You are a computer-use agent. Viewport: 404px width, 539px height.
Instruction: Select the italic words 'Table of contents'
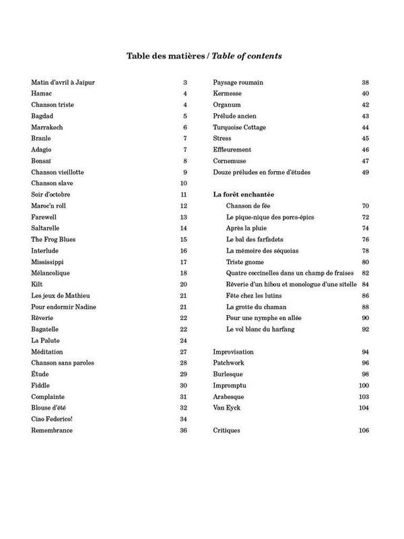tap(247, 56)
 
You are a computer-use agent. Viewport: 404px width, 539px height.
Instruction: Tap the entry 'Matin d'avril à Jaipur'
tap(63, 82)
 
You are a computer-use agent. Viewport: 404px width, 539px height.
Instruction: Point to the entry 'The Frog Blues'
tap(53, 239)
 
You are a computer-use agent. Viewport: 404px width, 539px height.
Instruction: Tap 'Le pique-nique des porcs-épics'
tap(270, 217)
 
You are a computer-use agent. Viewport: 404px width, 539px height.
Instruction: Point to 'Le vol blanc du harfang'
tap(261, 329)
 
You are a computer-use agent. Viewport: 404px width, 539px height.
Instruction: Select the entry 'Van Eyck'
tap(226, 408)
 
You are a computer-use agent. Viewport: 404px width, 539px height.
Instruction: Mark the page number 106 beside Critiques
tap(364, 430)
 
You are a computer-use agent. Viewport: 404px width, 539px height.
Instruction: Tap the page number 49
tap(366, 172)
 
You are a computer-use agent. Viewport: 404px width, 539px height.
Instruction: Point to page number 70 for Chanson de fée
tap(366, 205)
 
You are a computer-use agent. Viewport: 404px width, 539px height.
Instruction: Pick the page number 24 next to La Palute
tap(182, 340)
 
